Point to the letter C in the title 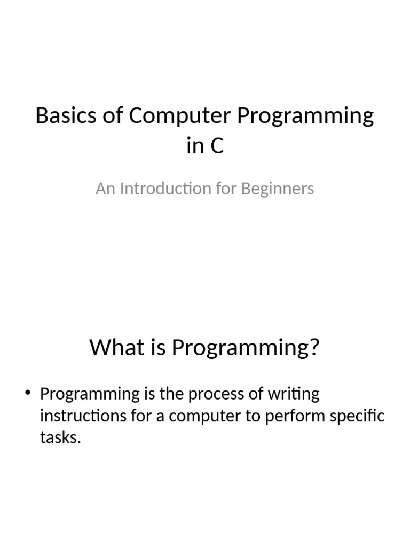(x=216, y=146)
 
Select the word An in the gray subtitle (x=105, y=189)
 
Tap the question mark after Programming (x=313, y=348)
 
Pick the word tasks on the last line (x=60, y=437)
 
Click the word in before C (x=195, y=146)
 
